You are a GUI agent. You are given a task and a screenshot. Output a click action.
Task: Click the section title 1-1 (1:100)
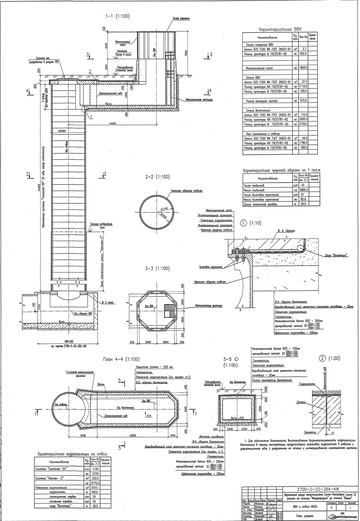(x=118, y=16)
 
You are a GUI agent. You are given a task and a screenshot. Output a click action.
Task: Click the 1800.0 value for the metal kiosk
(x=304, y=68)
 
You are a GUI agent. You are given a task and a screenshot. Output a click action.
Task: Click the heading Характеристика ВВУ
(x=280, y=31)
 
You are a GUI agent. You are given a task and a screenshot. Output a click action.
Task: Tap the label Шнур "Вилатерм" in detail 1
(x=337, y=255)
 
